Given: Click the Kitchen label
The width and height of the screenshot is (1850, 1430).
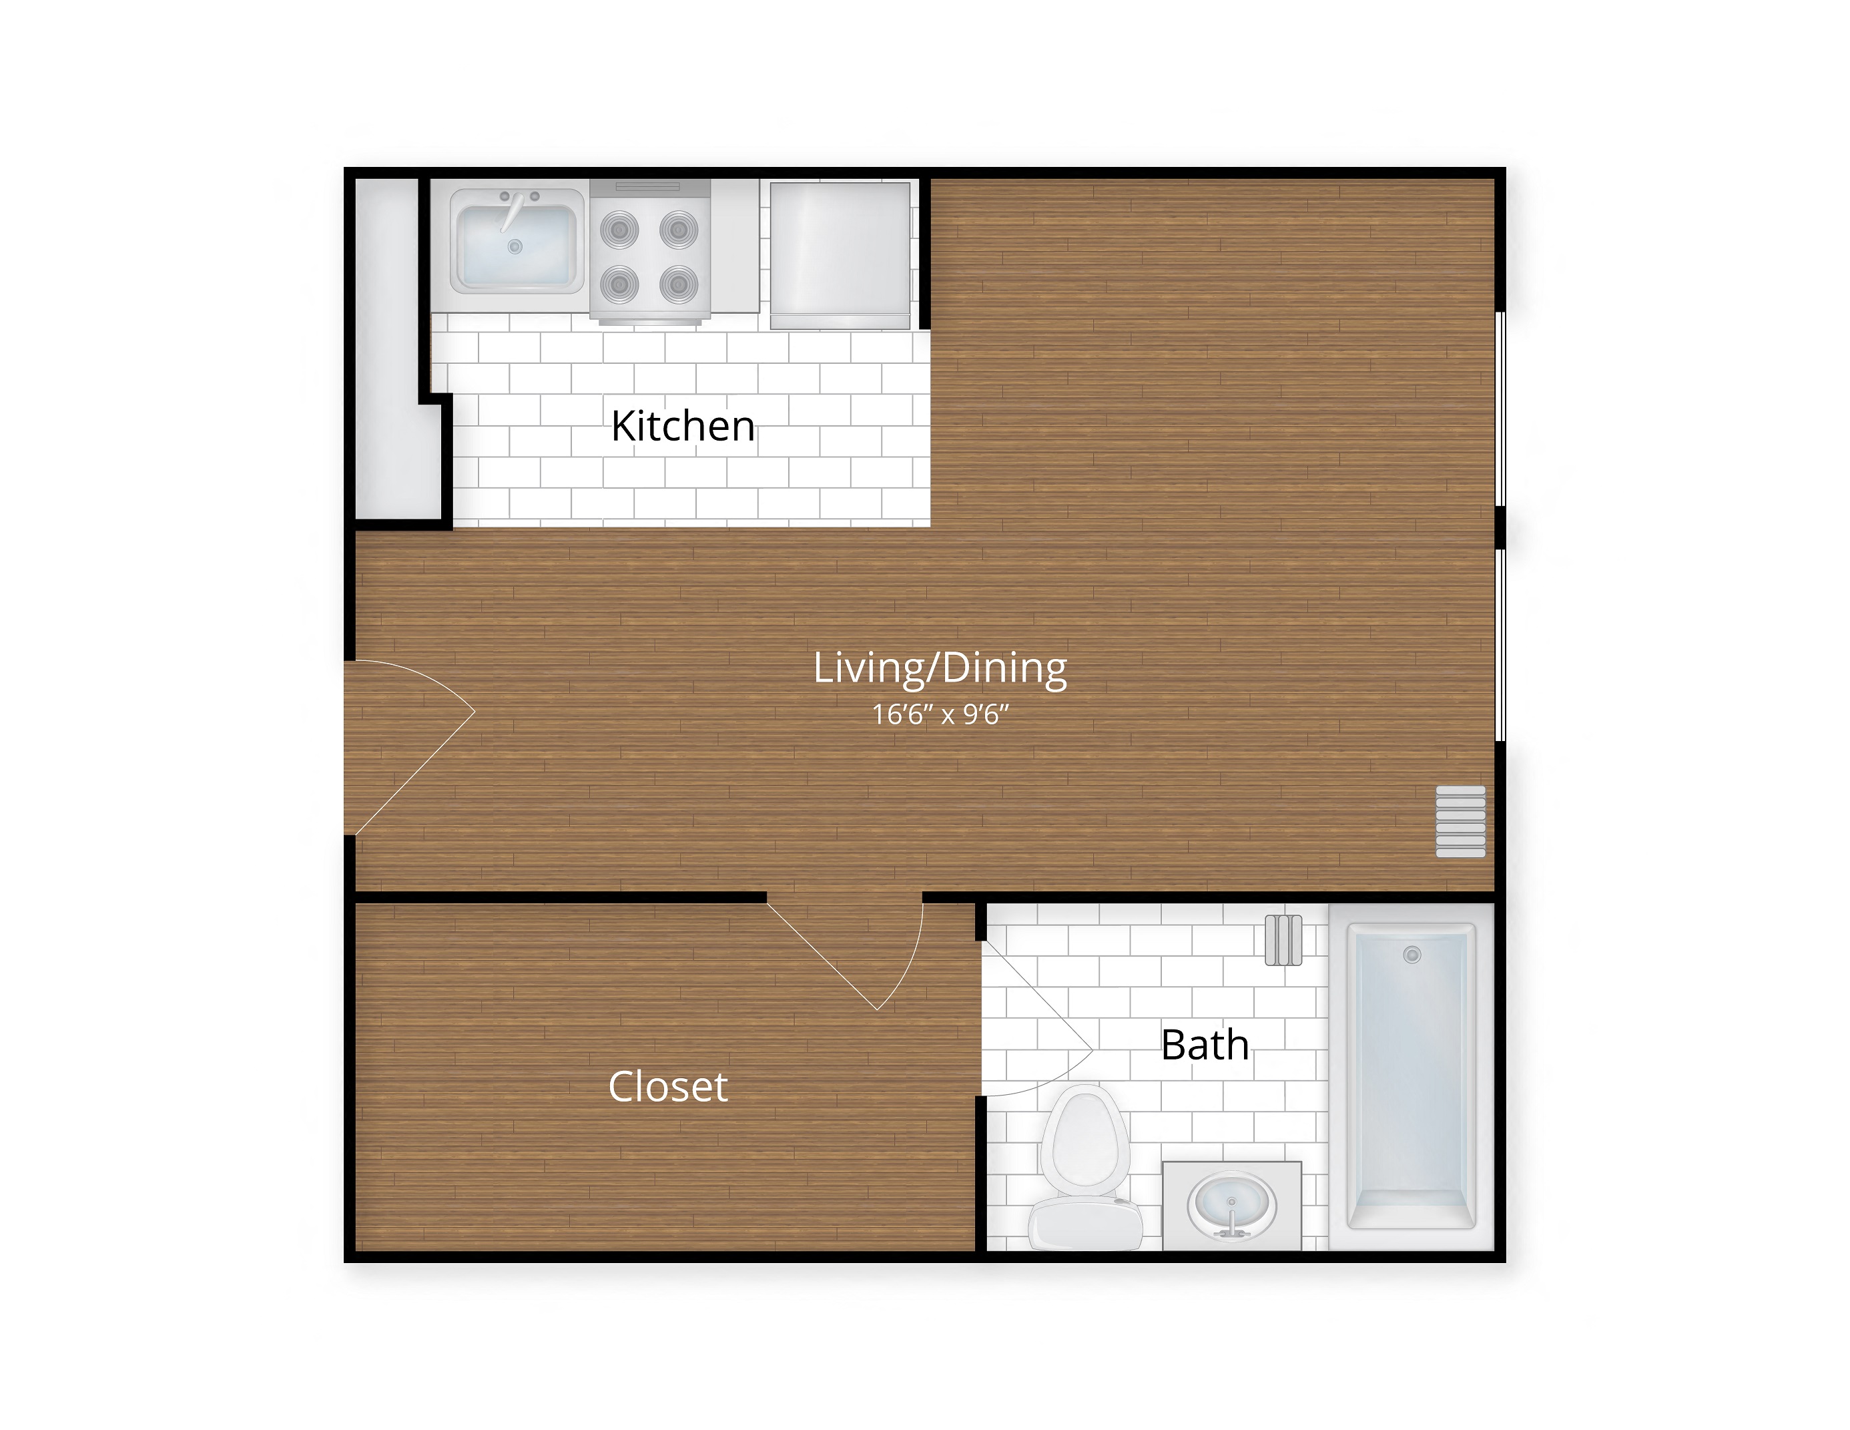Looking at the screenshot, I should pos(683,426).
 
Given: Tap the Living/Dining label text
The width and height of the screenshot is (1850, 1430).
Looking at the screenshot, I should pos(940,668).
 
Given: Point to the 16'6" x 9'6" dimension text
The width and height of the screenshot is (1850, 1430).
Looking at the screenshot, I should pos(940,715).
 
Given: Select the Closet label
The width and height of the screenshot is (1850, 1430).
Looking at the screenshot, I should pos(667,1087).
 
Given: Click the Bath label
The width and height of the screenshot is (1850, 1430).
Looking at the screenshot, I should pos(1205,1045).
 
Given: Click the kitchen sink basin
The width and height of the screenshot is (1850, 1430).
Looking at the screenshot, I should pos(516,248).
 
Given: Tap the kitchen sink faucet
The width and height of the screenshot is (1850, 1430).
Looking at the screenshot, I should pos(513,210).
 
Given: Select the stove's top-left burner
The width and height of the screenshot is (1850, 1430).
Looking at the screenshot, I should pos(619,230).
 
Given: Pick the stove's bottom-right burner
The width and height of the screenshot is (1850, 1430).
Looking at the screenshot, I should pos(679,284).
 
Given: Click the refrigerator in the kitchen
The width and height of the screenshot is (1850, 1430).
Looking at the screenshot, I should pos(840,255).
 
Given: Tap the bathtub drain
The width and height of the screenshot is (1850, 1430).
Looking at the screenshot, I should pos(1412,955).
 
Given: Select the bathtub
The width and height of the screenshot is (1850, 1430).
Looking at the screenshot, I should pos(1412,1076).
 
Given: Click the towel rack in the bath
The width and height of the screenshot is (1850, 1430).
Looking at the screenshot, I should pos(1283,941).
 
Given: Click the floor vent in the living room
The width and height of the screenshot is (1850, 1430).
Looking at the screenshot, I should pos(1460,822).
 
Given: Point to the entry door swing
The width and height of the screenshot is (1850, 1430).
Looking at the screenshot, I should pos(406,746).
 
